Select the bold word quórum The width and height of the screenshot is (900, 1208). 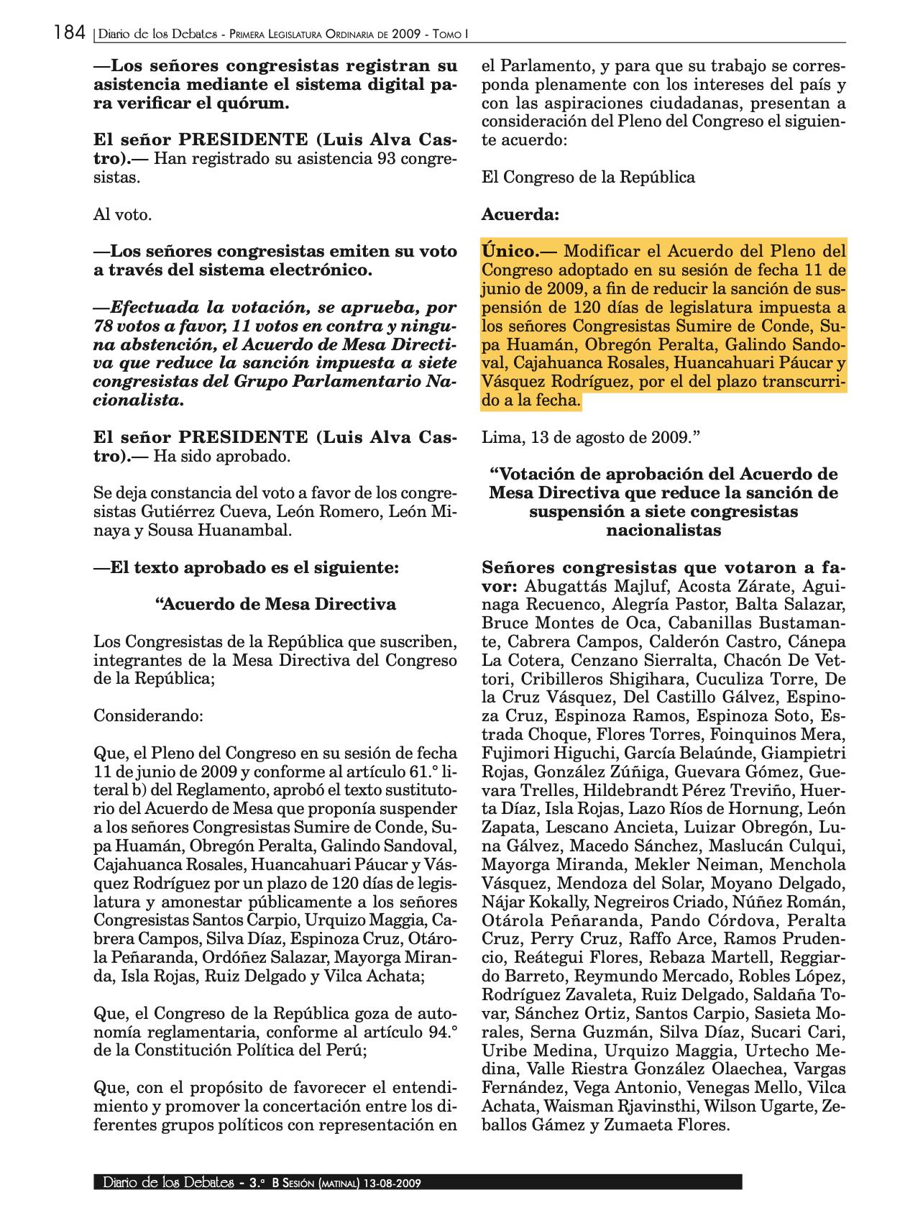[x=245, y=104]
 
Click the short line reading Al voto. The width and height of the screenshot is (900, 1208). [x=123, y=214]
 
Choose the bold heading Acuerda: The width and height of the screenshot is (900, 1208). [x=520, y=214]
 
